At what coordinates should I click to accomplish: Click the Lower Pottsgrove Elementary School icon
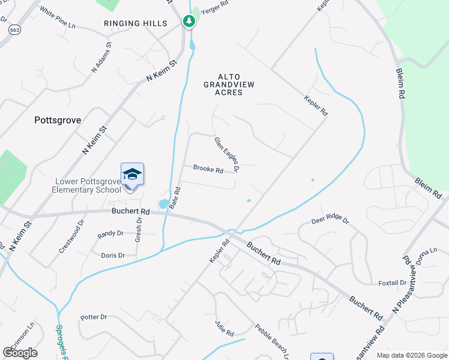(x=132, y=175)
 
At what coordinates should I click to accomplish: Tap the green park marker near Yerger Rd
(x=190, y=22)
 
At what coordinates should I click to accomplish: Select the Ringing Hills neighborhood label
(x=135, y=23)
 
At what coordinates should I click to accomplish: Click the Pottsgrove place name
(x=58, y=120)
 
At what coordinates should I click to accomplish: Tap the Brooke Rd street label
(x=208, y=170)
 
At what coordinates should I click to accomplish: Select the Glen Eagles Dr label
(x=227, y=154)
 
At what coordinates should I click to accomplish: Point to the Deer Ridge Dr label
(x=330, y=221)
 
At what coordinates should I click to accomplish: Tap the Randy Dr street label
(x=110, y=233)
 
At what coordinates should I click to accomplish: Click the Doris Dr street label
(x=113, y=255)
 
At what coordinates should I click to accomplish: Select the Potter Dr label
(x=93, y=317)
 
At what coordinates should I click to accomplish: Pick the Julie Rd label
(x=224, y=328)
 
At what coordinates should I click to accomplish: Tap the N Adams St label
(x=101, y=58)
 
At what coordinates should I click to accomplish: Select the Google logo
(x=20, y=352)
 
